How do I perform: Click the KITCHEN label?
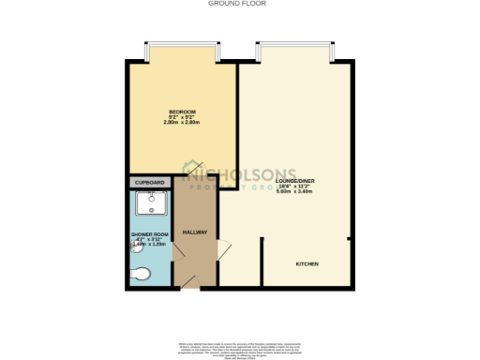click(x=307, y=264)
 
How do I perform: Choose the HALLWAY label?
click(x=194, y=232)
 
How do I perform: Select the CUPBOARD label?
click(x=150, y=182)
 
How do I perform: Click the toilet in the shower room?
click(x=141, y=273)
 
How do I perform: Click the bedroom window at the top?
click(x=182, y=50)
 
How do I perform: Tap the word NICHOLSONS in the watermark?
click(x=243, y=172)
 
